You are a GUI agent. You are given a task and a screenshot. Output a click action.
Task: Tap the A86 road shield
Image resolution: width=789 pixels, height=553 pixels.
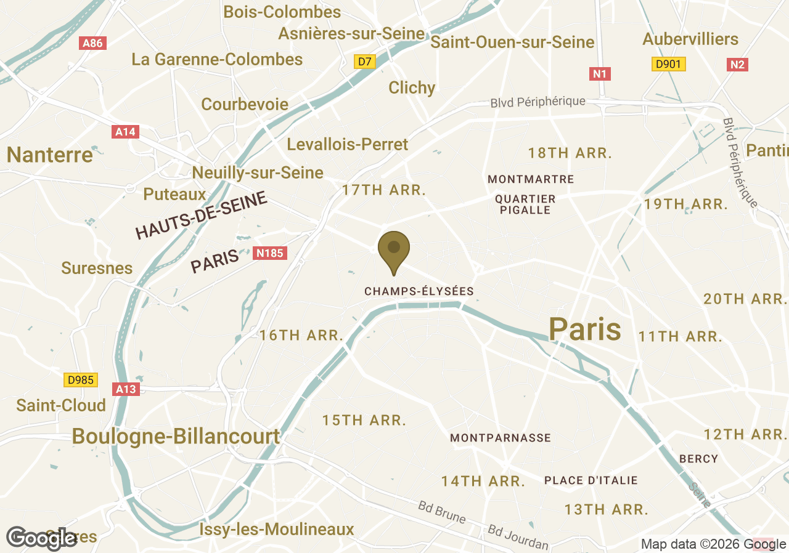click(x=93, y=43)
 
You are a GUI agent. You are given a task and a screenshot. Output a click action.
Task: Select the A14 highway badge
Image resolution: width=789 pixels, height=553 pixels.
click(x=126, y=132)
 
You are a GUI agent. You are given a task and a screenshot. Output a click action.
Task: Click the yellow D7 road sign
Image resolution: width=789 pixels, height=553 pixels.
click(x=365, y=62)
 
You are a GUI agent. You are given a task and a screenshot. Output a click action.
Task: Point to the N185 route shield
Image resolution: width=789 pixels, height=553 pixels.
click(x=270, y=252)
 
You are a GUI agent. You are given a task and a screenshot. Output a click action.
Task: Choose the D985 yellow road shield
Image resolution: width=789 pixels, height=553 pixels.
click(x=81, y=380)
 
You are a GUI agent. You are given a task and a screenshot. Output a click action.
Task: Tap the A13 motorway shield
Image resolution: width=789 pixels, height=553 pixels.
click(x=126, y=389)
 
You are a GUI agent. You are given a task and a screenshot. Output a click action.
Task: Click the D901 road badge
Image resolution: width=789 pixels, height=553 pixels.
click(x=669, y=64)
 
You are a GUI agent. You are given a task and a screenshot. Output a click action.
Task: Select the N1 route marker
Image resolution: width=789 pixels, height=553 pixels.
click(x=600, y=75)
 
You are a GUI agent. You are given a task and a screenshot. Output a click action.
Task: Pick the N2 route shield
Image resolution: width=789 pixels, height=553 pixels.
click(x=738, y=64)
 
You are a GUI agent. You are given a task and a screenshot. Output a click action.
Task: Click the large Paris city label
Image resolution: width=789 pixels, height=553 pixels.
click(x=584, y=329)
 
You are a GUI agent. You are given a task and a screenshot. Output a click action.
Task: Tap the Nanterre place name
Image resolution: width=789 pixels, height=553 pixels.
click(x=50, y=155)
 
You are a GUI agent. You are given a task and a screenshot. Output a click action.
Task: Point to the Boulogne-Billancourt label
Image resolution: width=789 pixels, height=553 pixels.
click(x=176, y=437)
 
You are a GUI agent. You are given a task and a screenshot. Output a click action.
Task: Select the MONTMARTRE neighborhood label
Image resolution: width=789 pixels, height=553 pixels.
click(x=531, y=179)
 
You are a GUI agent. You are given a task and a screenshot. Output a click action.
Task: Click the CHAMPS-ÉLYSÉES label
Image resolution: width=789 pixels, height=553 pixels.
click(x=419, y=291)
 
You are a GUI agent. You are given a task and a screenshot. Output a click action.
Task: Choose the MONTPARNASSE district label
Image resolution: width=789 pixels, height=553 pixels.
click(x=501, y=438)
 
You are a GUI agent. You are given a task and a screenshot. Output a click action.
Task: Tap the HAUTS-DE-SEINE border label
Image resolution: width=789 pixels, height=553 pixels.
click(x=202, y=216)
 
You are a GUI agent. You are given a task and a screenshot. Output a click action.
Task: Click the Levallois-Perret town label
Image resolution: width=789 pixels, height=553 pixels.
click(x=348, y=145)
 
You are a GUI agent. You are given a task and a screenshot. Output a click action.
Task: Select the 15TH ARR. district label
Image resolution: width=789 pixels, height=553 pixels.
click(x=364, y=421)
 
